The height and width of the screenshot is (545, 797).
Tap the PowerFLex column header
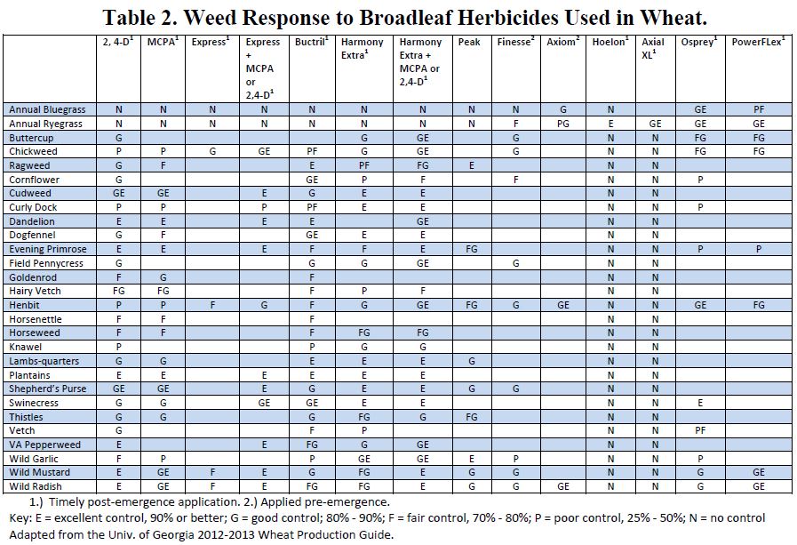(758, 42)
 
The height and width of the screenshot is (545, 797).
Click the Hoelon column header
(611, 42)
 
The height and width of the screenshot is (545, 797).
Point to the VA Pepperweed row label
(44, 445)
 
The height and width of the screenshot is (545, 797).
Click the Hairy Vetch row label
(35, 291)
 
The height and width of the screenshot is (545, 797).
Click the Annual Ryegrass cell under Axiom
(563, 124)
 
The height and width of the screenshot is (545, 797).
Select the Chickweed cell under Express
(213, 151)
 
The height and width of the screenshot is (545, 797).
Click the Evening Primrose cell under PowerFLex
(758, 250)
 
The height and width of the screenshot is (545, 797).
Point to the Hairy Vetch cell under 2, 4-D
(118, 291)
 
